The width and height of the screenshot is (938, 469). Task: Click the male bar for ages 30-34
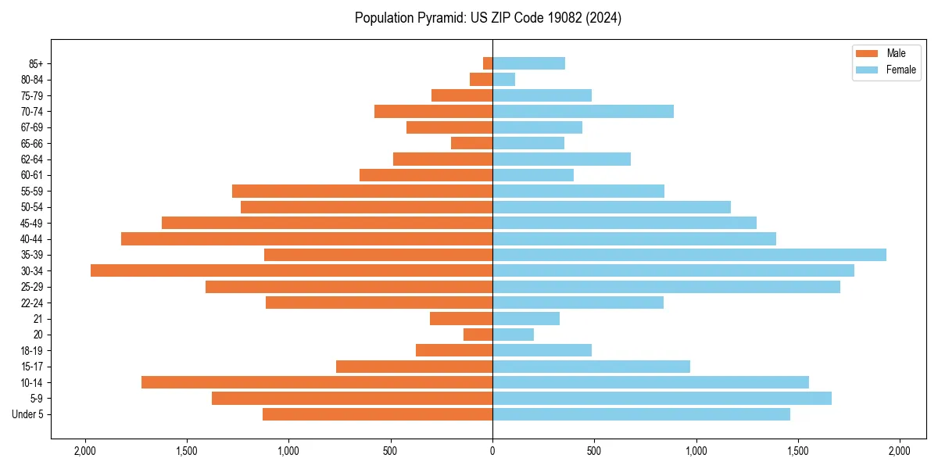(x=292, y=270)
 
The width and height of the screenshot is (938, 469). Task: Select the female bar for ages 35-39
(x=689, y=255)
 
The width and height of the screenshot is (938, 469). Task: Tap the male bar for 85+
(x=488, y=63)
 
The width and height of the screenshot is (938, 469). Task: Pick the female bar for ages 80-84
(x=503, y=79)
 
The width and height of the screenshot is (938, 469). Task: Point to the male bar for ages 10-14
(x=317, y=382)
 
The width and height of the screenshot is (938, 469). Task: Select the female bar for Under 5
(x=641, y=414)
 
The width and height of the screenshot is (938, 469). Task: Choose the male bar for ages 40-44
(x=306, y=238)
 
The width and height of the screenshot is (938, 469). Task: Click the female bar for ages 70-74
(x=583, y=111)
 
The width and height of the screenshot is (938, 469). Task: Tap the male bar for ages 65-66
(x=471, y=143)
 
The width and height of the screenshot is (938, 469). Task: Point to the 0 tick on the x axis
(x=492, y=451)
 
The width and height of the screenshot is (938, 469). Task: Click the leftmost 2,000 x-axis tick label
(x=84, y=451)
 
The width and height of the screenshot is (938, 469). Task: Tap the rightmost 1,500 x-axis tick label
(x=798, y=451)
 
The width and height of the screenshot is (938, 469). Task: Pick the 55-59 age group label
(x=32, y=192)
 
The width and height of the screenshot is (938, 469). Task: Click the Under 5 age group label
(x=28, y=414)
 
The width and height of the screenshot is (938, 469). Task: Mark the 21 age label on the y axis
(x=38, y=319)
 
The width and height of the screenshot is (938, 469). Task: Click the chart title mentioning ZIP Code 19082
(x=488, y=18)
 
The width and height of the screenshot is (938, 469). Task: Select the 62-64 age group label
(x=32, y=159)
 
